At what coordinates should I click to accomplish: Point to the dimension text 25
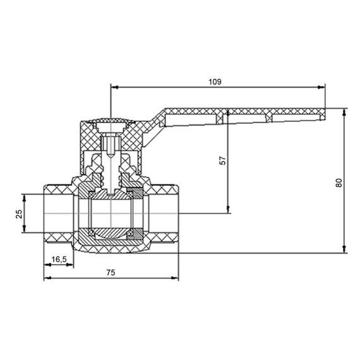click(x=19, y=213)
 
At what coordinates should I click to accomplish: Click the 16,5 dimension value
click(x=59, y=259)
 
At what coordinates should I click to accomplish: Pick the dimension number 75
click(x=111, y=273)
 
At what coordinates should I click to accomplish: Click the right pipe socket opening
click(x=165, y=213)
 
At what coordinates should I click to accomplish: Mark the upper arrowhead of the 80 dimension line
click(x=344, y=112)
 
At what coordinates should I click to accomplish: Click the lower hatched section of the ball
click(x=111, y=234)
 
